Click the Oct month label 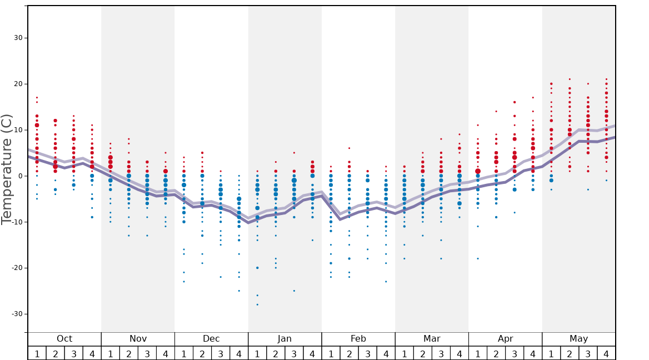tap(64, 339)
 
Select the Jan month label tap(284, 339)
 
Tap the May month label tap(578, 339)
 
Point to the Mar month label tap(432, 339)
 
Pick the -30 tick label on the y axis tap(17, 314)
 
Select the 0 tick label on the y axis tap(21, 176)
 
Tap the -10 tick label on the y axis tap(17, 222)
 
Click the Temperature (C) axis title tap(7, 169)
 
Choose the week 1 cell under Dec tap(184, 353)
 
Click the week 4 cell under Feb tap(386, 353)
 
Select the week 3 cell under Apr tap(515, 353)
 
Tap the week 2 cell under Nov tap(129, 353)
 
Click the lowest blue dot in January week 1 tap(257, 304)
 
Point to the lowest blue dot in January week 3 tap(294, 291)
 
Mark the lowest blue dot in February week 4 tap(386, 282)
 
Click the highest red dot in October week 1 tap(37, 98)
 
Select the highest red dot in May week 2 tap(570, 79)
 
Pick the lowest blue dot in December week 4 tap(239, 291)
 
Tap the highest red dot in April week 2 tap(496, 111)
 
